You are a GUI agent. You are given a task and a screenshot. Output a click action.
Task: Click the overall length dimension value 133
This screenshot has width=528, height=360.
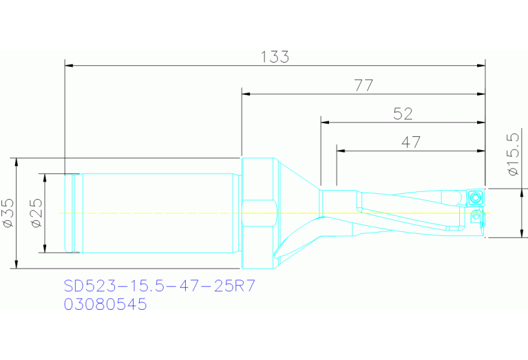pyautogui.click(x=275, y=57)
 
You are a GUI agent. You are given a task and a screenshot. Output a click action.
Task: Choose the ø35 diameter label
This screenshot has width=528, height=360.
pyautogui.click(x=8, y=213)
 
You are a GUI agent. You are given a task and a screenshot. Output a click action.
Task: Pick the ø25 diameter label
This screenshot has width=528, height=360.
pyautogui.click(x=36, y=213)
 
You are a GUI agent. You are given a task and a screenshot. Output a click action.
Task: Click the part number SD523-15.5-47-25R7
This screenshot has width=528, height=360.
pyautogui.click(x=159, y=285)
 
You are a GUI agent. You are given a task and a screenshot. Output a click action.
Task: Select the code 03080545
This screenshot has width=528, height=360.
pyautogui.click(x=105, y=304)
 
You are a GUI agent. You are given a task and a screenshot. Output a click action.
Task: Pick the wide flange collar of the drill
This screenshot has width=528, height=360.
pyautogui.click(x=260, y=213)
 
